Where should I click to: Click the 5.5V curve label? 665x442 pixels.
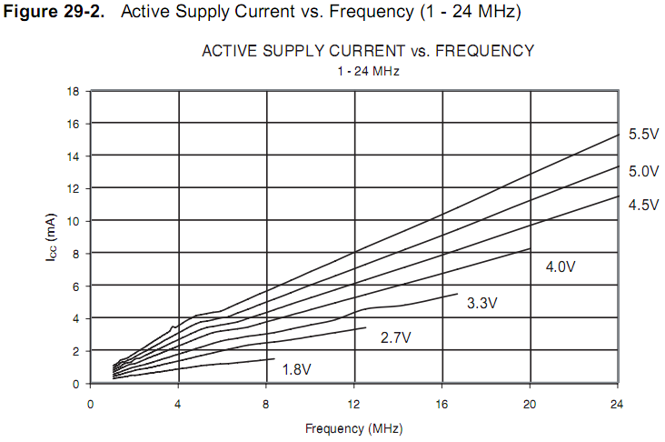(642, 135)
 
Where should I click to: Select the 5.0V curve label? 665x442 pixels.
(642, 170)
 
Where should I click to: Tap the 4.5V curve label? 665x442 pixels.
(642, 205)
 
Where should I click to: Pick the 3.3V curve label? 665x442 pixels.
(481, 303)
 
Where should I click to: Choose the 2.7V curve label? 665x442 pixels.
(395, 337)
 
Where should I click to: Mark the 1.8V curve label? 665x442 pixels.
(297, 369)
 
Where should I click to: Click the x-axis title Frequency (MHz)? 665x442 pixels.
(353, 427)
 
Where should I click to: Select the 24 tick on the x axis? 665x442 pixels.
(618, 403)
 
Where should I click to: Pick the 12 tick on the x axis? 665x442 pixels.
(353, 403)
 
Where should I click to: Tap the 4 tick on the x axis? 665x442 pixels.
(178, 403)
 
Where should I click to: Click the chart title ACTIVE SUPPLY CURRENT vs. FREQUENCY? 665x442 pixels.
(367, 51)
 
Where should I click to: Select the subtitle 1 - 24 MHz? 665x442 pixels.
(367, 71)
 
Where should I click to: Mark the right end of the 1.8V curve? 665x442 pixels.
(274, 358)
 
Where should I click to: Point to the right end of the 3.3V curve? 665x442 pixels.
(457, 294)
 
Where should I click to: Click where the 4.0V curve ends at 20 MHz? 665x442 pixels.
(530, 248)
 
